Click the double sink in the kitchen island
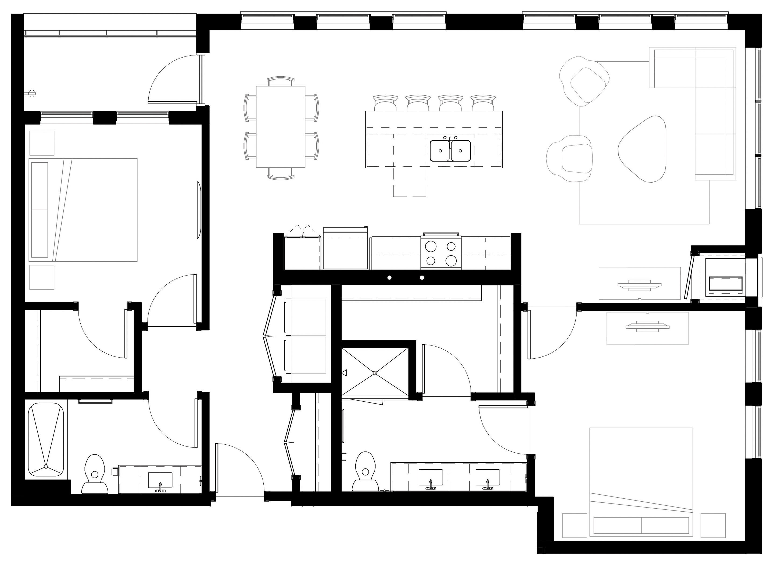click(x=450, y=151)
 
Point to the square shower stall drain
click(x=375, y=373)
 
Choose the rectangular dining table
click(x=281, y=127)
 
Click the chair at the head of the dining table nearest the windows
click(x=281, y=81)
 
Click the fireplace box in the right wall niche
click(x=726, y=284)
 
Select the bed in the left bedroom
click(x=84, y=210)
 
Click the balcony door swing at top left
click(x=174, y=80)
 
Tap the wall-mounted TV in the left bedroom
click(x=199, y=210)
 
